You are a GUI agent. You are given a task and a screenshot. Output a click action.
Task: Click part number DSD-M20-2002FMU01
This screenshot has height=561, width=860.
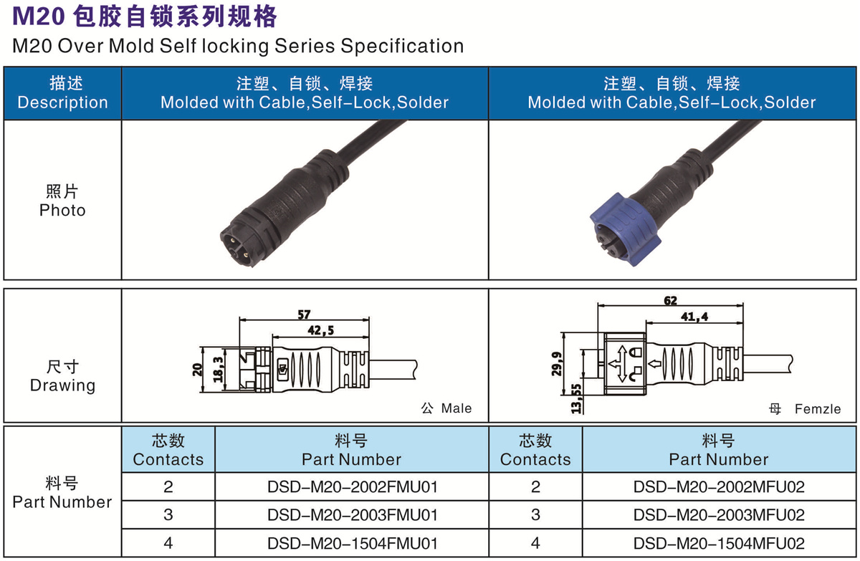pos(352,487)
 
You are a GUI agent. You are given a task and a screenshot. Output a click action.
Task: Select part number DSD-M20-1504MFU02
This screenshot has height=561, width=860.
pos(719,543)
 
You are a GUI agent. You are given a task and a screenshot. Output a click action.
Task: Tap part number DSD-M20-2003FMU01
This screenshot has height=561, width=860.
pos(352,515)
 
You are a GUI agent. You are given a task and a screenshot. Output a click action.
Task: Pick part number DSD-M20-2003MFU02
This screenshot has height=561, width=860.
pos(719,515)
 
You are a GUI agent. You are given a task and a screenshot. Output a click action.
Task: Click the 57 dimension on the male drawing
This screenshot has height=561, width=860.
pos(304,314)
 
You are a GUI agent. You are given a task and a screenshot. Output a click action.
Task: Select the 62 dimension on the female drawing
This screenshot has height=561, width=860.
pos(670,301)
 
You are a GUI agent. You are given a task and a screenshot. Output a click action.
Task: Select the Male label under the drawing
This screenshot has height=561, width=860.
pos(456,408)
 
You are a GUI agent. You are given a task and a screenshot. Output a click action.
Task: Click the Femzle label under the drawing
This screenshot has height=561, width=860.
pos(817,409)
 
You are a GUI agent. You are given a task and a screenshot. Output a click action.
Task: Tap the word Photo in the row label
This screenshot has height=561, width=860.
pos(62,211)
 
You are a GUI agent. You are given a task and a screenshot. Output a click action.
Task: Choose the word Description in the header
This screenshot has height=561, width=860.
pos(62,102)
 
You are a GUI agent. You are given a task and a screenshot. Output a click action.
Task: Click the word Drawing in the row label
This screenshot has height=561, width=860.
pos(62,385)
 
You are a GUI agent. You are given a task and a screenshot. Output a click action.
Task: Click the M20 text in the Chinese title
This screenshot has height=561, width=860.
pos(36,16)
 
